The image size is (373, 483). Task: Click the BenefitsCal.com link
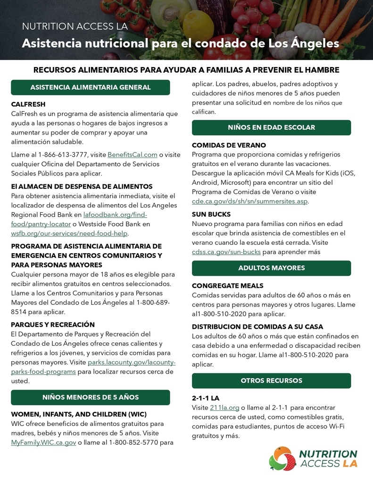coord(133,155)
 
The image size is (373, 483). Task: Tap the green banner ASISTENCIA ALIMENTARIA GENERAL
coord(91,87)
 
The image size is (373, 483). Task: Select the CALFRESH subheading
coord(28,104)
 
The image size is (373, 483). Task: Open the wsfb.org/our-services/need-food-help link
coord(69,233)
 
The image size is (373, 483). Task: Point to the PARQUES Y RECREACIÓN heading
coord(53,325)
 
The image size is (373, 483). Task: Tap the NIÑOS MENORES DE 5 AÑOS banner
coord(91,397)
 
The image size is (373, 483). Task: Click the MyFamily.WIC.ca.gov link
coord(43,442)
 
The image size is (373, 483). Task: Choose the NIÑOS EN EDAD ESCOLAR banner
coord(271,127)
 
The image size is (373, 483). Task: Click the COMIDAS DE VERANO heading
coord(229,145)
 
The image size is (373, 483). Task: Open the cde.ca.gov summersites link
coord(249,201)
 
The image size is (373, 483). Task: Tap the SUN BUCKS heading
coord(211,214)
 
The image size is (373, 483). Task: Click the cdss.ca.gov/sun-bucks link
coord(226,252)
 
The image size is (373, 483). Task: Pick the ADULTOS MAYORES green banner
coord(271,268)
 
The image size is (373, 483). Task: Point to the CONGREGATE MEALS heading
coord(228,286)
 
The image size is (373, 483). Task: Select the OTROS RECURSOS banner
coord(271,381)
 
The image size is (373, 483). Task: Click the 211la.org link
coord(224,408)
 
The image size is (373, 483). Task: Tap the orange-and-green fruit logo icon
coord(282,458)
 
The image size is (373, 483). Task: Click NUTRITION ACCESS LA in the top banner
coord(75,26)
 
